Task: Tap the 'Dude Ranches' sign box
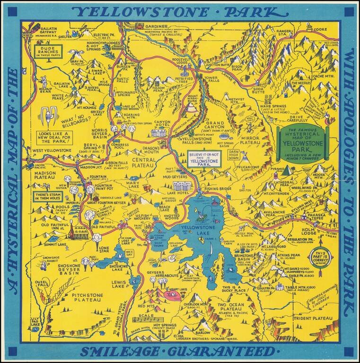coord(48,51)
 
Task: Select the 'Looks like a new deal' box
coord(54,137)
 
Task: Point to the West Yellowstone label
coord(52,151)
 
